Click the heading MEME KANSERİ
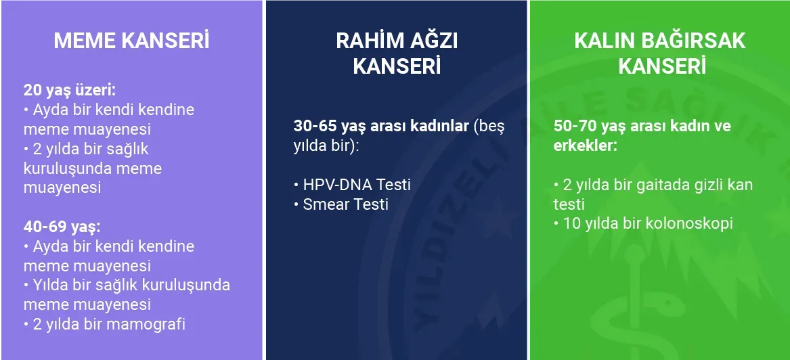131,41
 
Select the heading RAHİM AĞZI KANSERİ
397,54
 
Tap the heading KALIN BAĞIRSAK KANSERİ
660,54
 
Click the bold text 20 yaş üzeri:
70,91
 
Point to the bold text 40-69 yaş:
62,227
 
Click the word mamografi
146,323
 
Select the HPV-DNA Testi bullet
352,185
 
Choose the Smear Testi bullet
341,204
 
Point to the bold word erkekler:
586,145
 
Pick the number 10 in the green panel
572,223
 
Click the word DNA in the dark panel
355,185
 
